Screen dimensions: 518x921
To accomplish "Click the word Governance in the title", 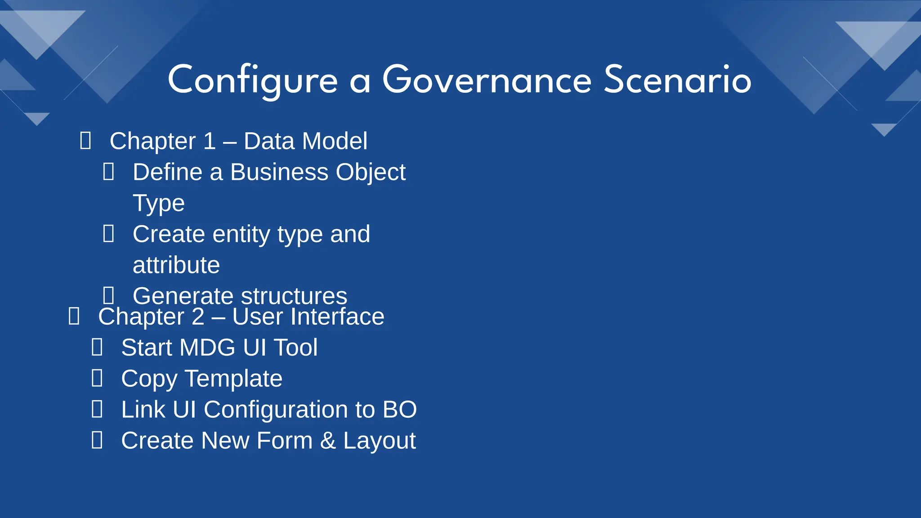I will click(487, 80).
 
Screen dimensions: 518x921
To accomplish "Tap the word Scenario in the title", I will click(677, 80).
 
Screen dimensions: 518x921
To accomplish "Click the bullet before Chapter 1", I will click(85, 141).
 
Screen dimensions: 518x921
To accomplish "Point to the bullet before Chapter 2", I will click(74, 316).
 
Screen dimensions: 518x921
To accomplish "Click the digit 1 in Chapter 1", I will click(210, 141).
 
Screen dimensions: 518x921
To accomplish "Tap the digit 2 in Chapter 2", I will click(198, 317).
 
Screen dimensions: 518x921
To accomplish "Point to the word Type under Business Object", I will click(158, 203).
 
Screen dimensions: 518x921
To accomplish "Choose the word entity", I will click(241, 234).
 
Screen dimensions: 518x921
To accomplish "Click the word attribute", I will click(176, 265).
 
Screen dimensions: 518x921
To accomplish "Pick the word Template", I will click(233, 379).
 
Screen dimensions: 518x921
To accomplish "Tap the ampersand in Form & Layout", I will click(328, 441).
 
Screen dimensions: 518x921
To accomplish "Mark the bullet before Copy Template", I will click(97, 378).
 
